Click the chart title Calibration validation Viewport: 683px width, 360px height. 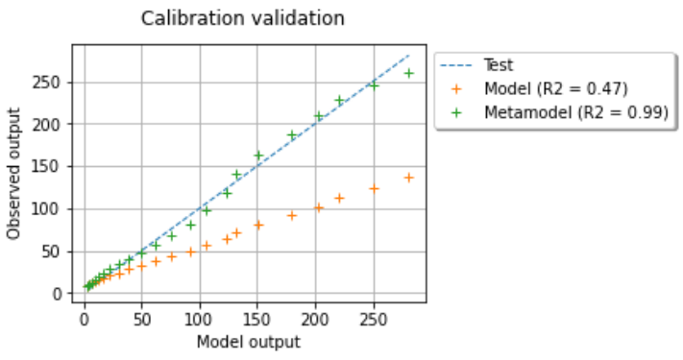click(x=242, y=18)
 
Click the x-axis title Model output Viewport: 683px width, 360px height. click(x=248, y=342)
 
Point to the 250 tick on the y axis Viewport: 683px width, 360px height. click(x=54, y=83)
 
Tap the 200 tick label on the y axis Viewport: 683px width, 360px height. click(x=54, y=125)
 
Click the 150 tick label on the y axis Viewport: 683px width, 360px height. click(x=54, y=167)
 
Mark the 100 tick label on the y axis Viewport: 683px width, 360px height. click(x=54, y=209)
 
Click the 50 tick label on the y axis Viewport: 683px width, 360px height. click(x=58, y=252)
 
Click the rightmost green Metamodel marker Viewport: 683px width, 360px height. click(x=408, y=73)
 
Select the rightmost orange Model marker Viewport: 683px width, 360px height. click(x=408, y=178)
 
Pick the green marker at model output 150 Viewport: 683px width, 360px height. click(x=258, y=155)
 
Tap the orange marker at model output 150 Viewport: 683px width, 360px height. click(x=258, y=225)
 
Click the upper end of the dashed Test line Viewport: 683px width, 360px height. click(x=409, y=56)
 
